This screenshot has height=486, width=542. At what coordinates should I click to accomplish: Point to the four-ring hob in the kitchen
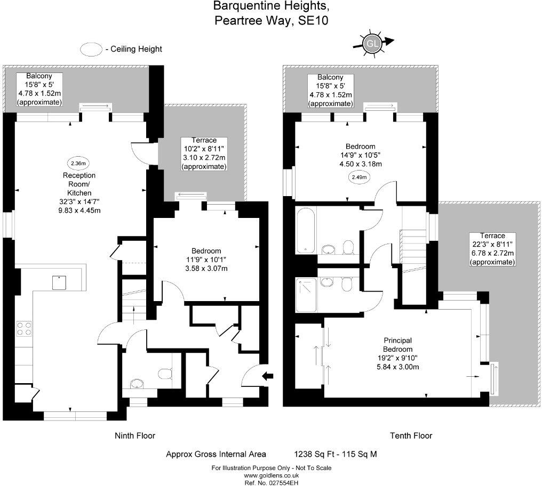(x=24, y=328)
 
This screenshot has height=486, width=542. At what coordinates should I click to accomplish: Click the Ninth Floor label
(x=135, y=435)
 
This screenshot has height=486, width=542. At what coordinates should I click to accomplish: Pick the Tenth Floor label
(x=411, y=435)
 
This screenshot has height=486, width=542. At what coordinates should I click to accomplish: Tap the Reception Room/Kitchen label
(x=79, y=192)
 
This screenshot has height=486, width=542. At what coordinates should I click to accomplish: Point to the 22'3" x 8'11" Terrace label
(x=492, y=249)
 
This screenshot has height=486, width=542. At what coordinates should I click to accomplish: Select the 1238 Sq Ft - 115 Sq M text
(x=336, y=454)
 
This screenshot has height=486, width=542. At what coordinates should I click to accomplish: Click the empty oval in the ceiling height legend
(x=91, y=49)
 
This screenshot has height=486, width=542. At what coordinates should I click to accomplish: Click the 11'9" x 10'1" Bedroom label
(x=206, y=260)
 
